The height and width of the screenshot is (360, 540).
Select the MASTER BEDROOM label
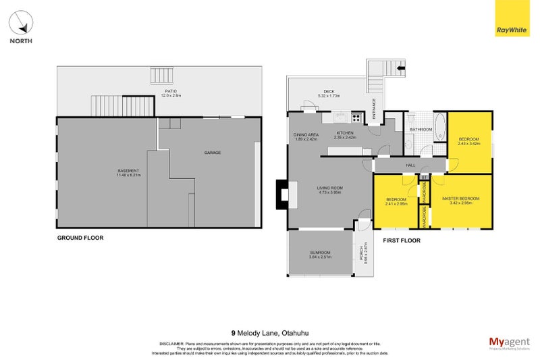[460, 198]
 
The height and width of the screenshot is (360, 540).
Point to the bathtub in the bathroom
[439, 126]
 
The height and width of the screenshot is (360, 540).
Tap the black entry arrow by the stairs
[401, 68]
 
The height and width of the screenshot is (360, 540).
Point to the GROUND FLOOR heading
[80, 238]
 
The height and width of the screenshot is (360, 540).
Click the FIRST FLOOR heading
[401, 240]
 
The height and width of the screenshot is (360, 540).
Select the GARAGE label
[213, 153]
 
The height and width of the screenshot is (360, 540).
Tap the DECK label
[329, 92]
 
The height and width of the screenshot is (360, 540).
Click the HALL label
[410, 164]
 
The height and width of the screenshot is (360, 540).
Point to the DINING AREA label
[305, 134]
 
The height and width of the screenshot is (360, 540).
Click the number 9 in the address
[234, 332]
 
